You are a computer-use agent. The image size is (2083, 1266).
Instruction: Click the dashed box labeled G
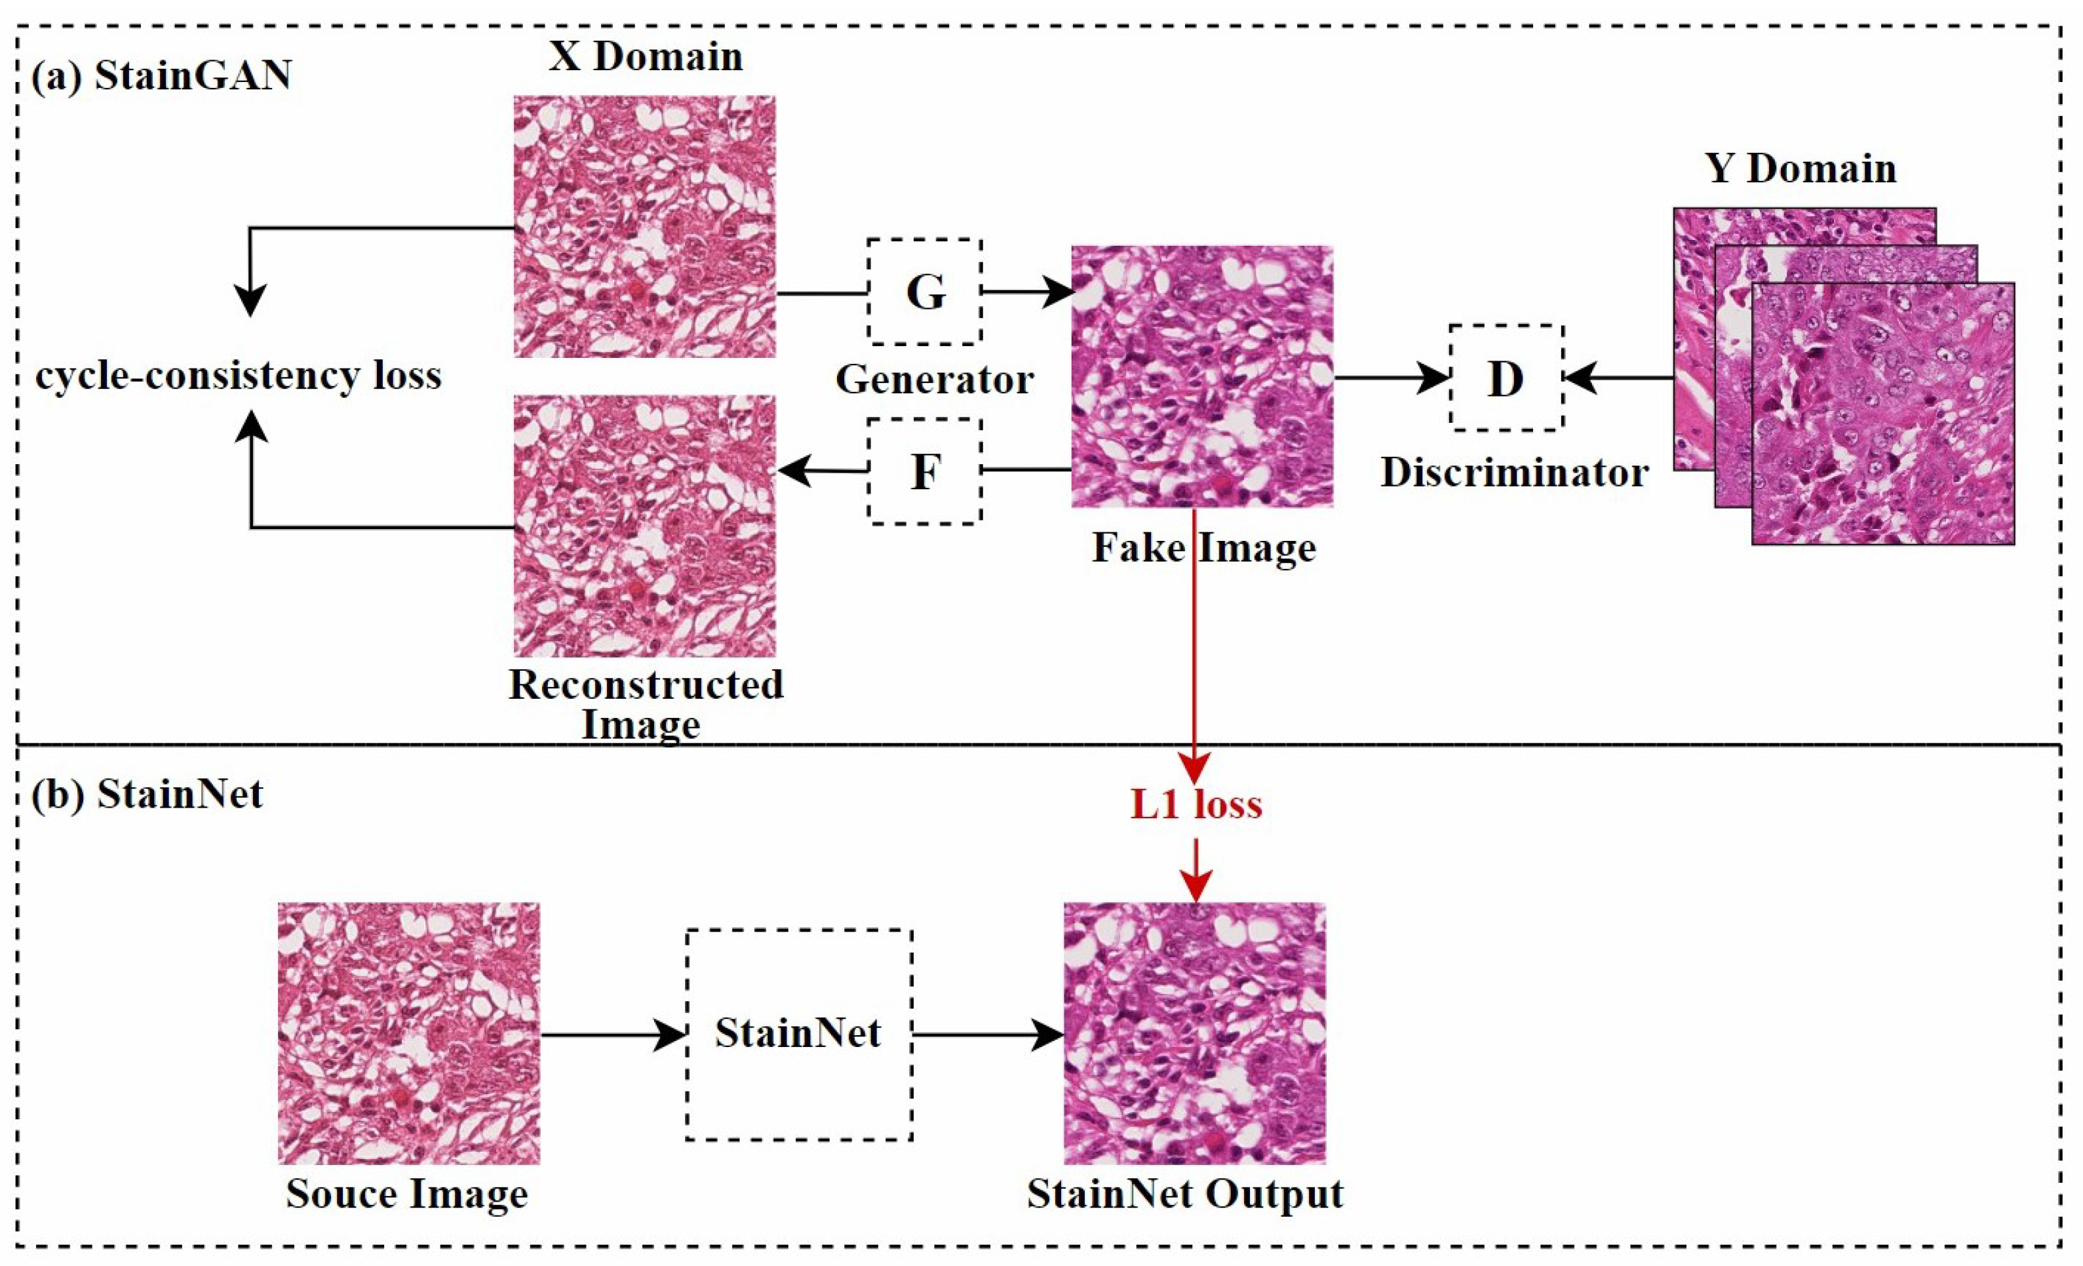pyautogui.click(x=924, y=292)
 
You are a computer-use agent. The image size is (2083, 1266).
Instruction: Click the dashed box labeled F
pyautogui.click(x=924, y=471)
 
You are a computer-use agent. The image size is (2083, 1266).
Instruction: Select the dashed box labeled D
pyautogui.click(x=1506, y=378)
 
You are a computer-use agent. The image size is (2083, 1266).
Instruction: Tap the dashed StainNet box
pyautogui.click(x=799, y=1033)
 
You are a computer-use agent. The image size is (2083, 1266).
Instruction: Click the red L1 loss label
pyautogui.click(x=1196, y=804)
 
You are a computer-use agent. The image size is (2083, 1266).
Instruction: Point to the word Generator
pyautogui.click(x=934, y=380)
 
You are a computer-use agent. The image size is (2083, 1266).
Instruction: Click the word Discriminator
pyautogui.click(x=1514, y=473)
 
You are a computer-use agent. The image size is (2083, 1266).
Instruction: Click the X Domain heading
pyautogui.click(x=645, y=56)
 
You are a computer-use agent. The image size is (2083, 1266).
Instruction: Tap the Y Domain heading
pyautogui.click(x=1801, y=168)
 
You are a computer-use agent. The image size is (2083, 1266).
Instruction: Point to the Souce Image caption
pyautogui.click(x=406, y=1193)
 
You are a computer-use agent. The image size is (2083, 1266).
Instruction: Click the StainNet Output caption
pyautogui.click(x=1184, y=1193)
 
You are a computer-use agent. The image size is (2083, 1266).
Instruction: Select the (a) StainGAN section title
pyautogui.click(x=161, y=75)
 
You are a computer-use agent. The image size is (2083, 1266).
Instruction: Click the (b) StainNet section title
pyautogui.click(x=146, y=794)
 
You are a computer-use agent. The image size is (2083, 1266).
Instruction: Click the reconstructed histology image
pyautogui.click(x=644, y=525)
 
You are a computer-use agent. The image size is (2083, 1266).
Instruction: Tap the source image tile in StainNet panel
pyautogui.click(x=408, y=1033)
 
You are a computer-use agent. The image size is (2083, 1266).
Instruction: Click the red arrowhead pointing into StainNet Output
pyautogui.click(x=1196, y=886)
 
